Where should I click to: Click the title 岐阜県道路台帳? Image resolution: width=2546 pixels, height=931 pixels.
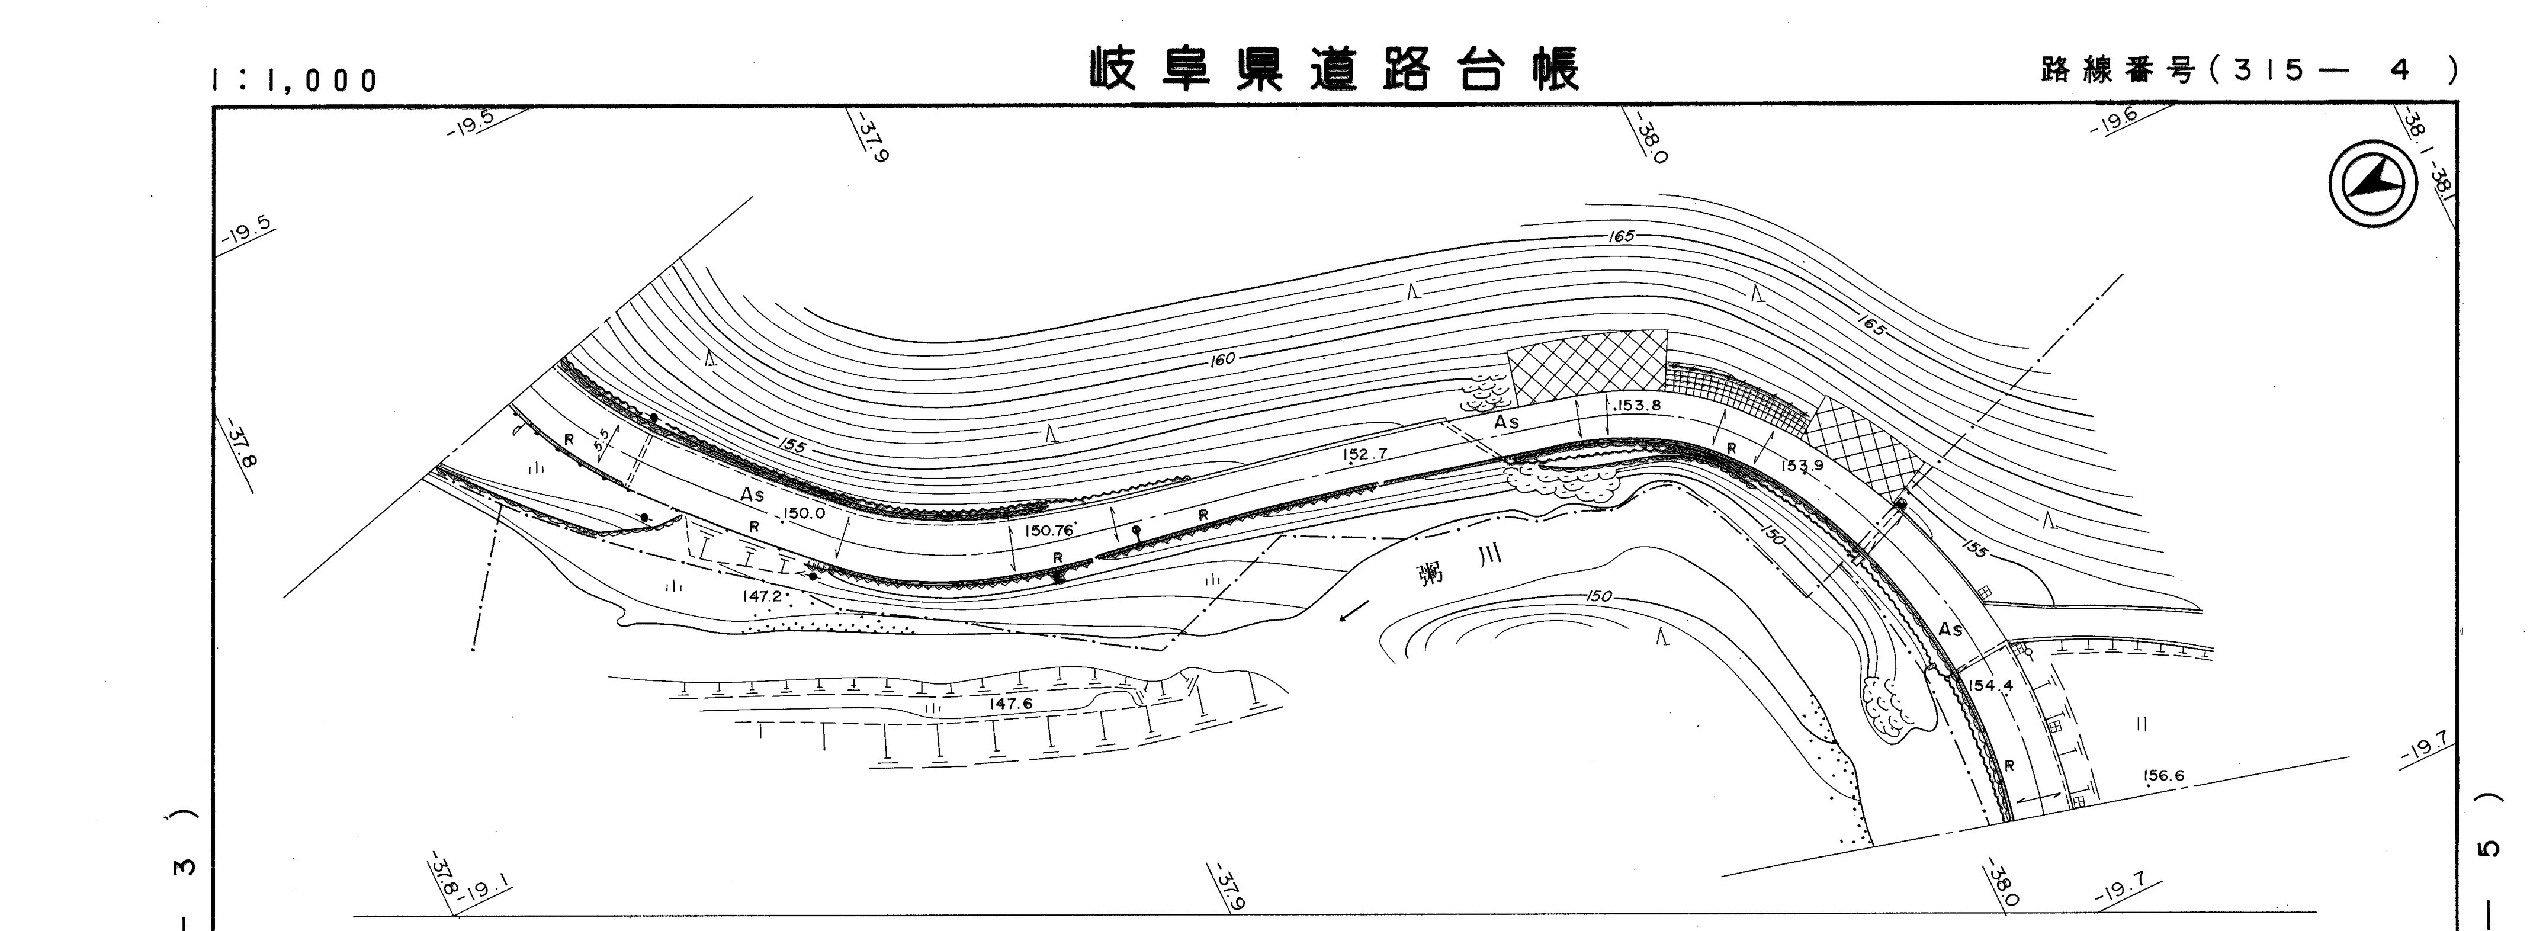click(1334, 69)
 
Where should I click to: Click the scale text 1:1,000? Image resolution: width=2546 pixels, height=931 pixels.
click(294, 80)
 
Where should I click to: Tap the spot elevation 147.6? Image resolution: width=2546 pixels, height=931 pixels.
click(1011, 703)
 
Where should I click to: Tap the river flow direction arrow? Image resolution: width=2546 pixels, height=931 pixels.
click(1354, 613)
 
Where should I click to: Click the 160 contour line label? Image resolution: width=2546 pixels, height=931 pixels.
click(1222, 359)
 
